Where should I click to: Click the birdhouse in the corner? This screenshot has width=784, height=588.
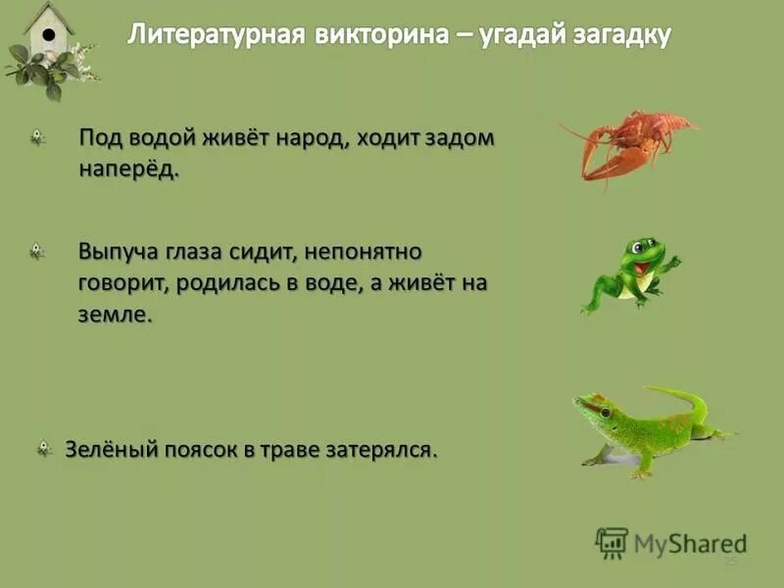click(49, 34)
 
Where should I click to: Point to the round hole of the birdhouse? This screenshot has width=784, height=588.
click(47, 34)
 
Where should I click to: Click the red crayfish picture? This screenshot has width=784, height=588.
click(627, 143)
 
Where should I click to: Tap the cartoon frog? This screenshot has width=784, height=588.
click(632, 273)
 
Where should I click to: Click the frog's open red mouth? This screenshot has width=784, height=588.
click(640, 267)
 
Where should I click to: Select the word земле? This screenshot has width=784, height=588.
click(116, 316)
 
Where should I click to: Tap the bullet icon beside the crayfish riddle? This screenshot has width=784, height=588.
click(37, 139)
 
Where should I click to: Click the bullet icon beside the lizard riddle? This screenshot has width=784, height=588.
click(44, 450)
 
